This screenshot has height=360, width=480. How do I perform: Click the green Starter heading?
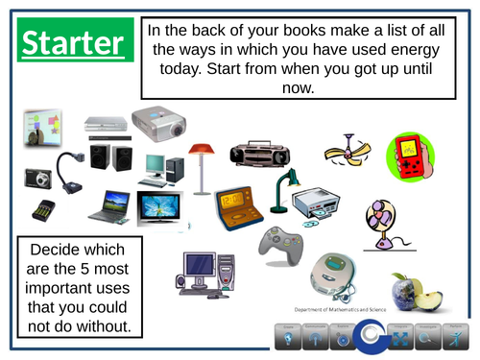click(x=73, y=44)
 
